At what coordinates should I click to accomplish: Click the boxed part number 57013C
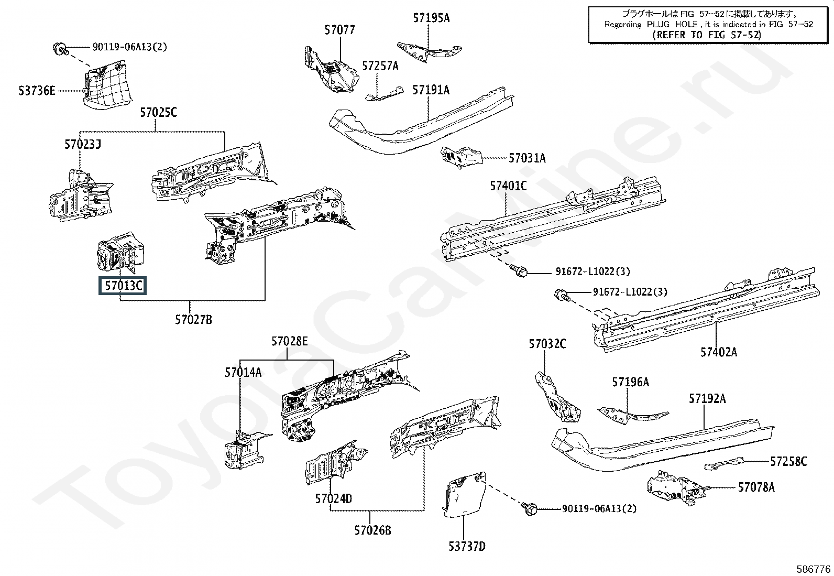tap(123, 286)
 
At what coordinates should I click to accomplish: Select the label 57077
tap(339, 30)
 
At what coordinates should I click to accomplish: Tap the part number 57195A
tap(431, 18)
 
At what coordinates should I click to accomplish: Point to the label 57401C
tap(508, 186)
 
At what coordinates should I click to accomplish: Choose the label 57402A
tap(719, 352)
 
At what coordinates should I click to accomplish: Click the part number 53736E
tap(37, 91)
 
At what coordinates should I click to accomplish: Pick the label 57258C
tap(788, 462)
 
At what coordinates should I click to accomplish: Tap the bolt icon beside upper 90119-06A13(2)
tap(60, 49)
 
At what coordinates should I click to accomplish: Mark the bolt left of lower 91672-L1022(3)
tap(562, 296)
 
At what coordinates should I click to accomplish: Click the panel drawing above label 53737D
tap(465, 494)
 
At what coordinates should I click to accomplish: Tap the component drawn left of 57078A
tap(676, 488)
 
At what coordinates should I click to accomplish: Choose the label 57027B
tap(194, 320)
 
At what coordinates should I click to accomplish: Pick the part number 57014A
tap(243, 372)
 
